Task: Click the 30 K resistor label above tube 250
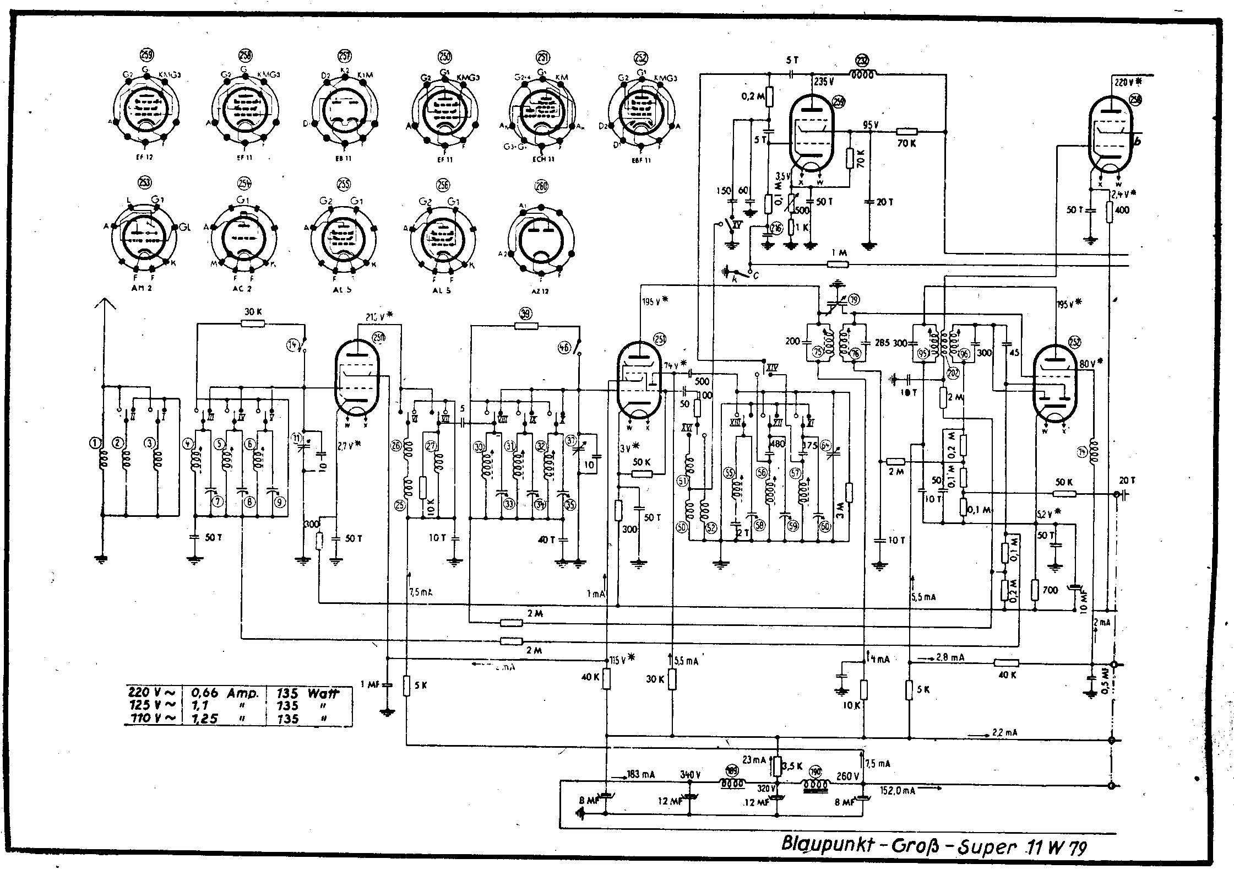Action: click(252, 312)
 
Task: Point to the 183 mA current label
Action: click(641, 775)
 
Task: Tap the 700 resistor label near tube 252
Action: click(1050, 590)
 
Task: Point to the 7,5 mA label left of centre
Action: click(420, 593)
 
